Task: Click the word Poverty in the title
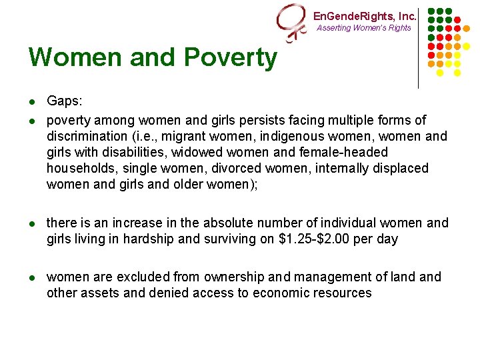click(229, 58)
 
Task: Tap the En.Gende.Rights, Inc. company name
click(365, 16)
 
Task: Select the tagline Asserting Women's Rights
click(364, 28)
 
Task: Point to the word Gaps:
click(65, 101)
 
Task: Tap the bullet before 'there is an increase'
click(32, 223)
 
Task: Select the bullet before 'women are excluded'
click(32, 277)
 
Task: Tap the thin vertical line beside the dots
click(418, 47)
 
